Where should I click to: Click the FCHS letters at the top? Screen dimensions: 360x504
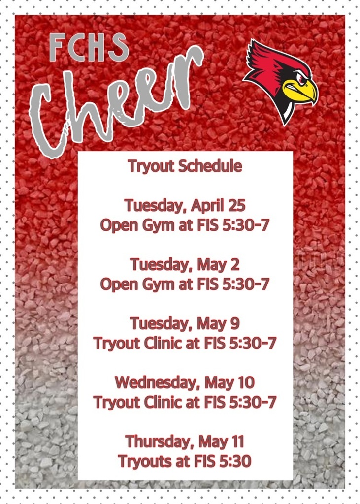pos(89,47)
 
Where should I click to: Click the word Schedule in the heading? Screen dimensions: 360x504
pos(210,166)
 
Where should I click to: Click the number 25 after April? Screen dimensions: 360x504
pos(236,205)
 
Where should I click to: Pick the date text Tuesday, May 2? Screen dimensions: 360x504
pos(185,265)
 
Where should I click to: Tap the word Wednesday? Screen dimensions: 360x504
pos(158,382)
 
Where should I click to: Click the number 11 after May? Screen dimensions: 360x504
pos(238,441)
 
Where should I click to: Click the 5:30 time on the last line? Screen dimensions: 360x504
pos(235,461)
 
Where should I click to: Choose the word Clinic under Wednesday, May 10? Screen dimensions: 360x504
pos(163,402)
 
